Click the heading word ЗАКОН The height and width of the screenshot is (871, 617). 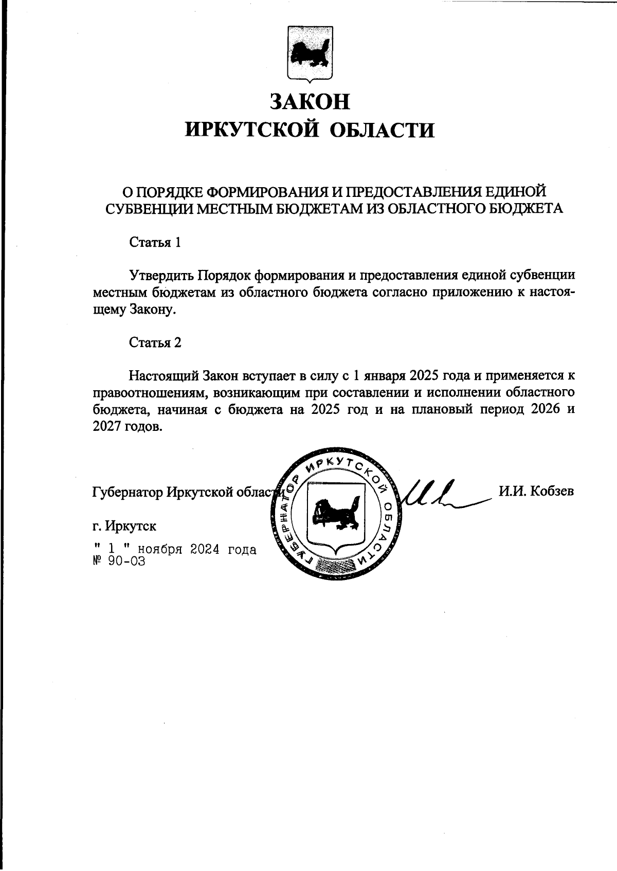(x=310, y=101)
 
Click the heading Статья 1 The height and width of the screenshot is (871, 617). (x=155, y=243)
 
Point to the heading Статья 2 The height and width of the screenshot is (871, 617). (x=155, y=342)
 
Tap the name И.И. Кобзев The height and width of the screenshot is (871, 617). (x=536, y=491)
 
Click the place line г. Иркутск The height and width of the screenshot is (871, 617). (x=124, y=526)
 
